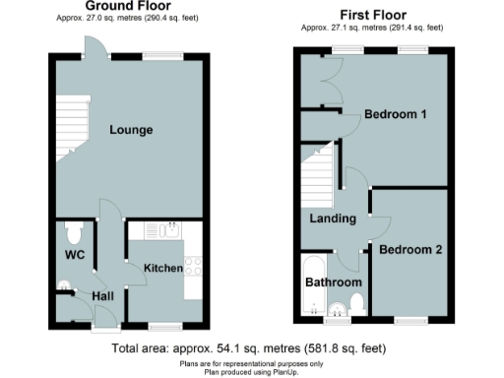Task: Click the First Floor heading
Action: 373,16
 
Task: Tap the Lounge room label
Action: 130,130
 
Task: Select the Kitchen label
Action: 163,269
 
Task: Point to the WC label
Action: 75,256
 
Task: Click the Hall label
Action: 103,295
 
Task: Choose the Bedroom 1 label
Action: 395,114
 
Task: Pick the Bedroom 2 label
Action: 410,250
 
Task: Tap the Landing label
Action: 331,219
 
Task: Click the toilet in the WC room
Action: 72,232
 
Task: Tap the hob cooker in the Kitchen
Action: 192,266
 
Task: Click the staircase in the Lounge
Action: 67,128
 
